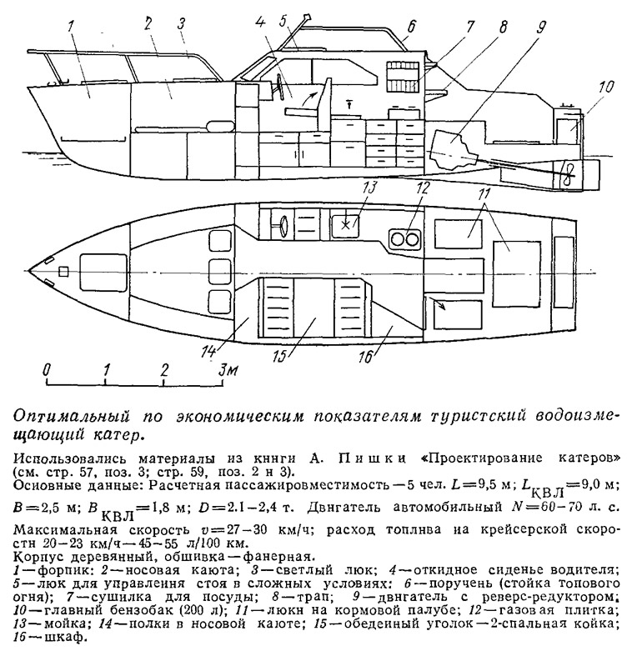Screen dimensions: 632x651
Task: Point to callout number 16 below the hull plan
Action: [x=366, y=356]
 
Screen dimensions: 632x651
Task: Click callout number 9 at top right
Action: [x=539, y=27]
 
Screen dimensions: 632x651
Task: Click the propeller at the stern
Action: [x=566, y=171]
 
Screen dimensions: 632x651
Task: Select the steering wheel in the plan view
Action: [x=283, y=224]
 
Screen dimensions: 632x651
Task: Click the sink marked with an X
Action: [x=345, y=225]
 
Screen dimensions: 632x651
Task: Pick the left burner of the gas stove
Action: [x=398, y=239]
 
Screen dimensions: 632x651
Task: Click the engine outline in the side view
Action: [x=452, y=148]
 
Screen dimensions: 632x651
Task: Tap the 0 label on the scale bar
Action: [x=48, y=370]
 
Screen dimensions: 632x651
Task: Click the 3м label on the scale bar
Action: [x=229, y=369]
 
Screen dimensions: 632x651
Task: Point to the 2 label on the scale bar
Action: [x=164, y=369]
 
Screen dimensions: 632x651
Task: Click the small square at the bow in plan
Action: [x=63, y=271]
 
